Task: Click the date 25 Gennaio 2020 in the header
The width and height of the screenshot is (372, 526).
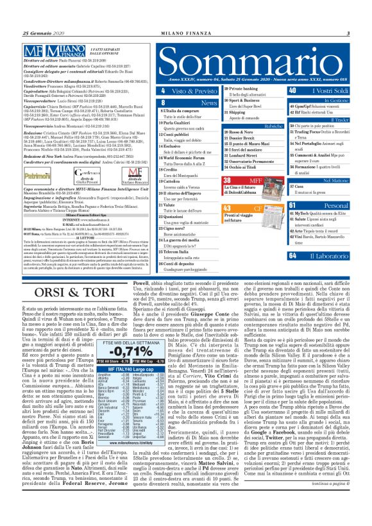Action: (40, 33)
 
